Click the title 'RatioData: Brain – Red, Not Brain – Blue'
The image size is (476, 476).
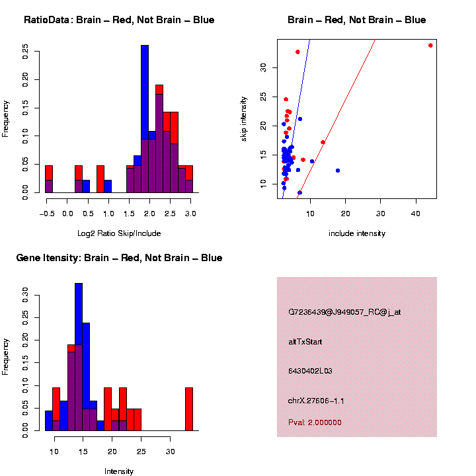(x=119, y=20)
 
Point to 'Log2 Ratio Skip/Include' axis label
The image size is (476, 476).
(x=118, y=233)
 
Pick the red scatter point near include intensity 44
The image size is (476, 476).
(x=430, y=45)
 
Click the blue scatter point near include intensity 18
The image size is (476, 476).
(x=338, y=171)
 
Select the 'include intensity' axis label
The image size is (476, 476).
(x=356, y=233)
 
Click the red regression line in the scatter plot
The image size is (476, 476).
(x=337, y=119)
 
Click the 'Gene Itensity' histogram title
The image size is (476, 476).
(x=119, y=258)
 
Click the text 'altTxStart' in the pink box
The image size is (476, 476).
(x=305, y=342)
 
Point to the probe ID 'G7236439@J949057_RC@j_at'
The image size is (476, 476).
(x=344, y=312)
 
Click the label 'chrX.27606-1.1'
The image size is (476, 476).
(x=316, y=401)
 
